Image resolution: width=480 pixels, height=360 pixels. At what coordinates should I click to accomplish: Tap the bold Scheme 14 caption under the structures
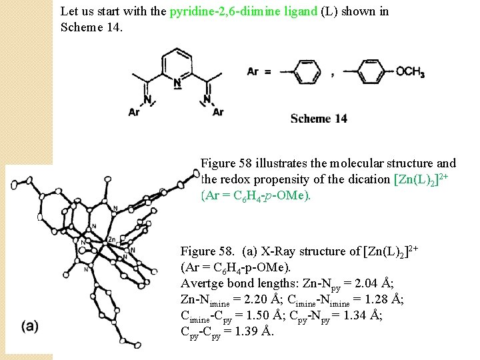319,119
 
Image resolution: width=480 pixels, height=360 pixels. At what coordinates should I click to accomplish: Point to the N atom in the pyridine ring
177,84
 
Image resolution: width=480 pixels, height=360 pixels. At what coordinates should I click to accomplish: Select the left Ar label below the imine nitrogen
134,112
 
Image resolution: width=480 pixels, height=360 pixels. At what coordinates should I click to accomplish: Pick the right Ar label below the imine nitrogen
218,112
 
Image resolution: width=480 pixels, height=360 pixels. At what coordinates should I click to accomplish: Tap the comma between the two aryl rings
333,77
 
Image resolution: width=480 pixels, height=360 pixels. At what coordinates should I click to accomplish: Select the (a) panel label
30,326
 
